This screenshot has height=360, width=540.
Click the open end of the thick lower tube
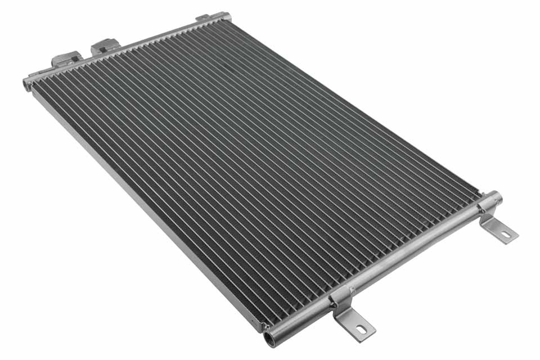pyautogui.click(x=271, y=339)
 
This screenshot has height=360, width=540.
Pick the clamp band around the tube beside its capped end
pyautogui.click(x=485, y=206)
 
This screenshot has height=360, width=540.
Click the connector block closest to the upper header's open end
pyautogui.click(x=67, y=59)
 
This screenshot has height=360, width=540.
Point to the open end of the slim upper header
pyautogui.click(x=26, y=84)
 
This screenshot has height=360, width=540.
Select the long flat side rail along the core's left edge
pyautogui.click(x=141, y=208)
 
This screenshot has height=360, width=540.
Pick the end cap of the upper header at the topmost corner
pyautogui.click(x=226, y=16)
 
